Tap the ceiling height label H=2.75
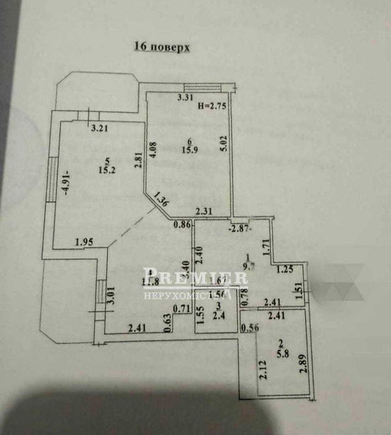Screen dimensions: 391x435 pos(211,106)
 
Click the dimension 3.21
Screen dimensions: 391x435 pos(100,129)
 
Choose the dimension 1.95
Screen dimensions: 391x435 pos(85,242)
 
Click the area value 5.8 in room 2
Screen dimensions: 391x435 pos(281,350)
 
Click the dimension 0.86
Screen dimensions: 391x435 pos(182,225)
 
